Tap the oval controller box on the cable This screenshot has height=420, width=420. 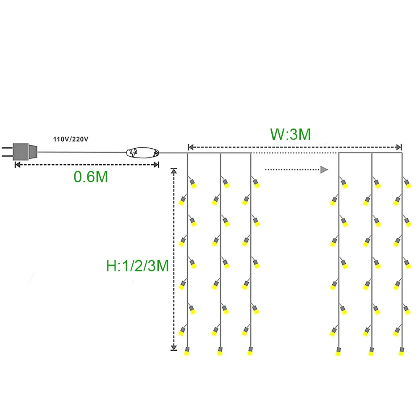click(x=143, y=152)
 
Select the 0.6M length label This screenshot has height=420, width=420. click(x=91, y=177)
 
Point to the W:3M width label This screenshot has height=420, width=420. click(x=290, y=134)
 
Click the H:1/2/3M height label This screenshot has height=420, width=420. click(x=137, y=265)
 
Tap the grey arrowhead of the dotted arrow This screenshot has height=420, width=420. click(x=324, y=170)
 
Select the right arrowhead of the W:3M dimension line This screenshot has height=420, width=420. click(x=399, y=147)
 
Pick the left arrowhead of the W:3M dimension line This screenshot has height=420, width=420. click(x=190, y=147)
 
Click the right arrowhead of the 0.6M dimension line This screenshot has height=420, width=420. click(x=156, y=165)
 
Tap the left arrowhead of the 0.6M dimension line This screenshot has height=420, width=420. click(x=17, y=165)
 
